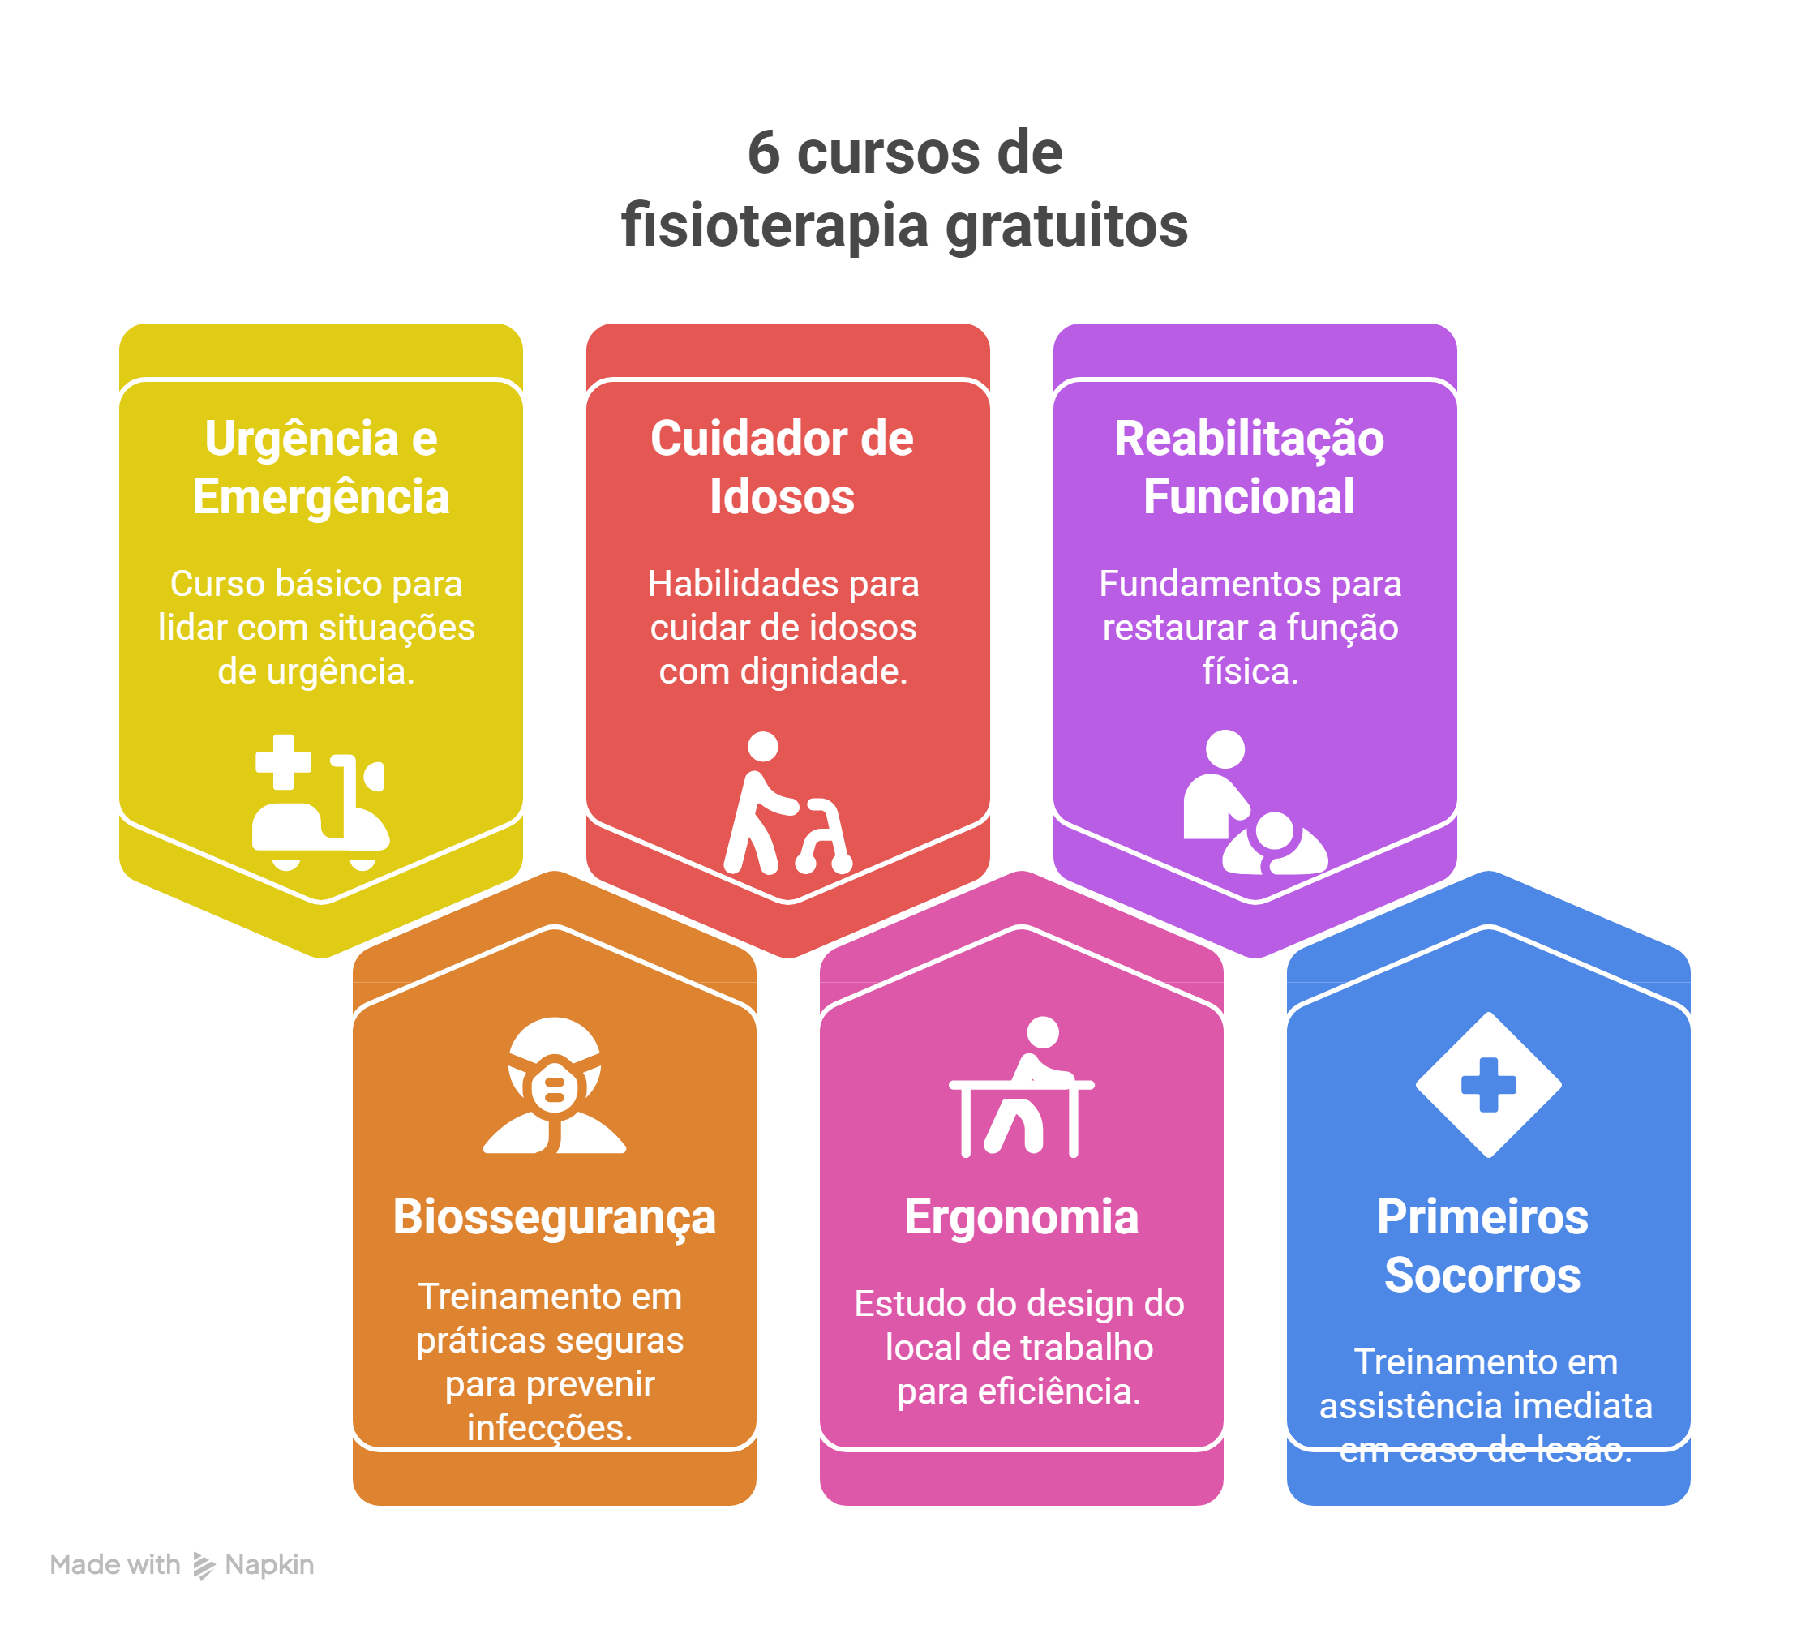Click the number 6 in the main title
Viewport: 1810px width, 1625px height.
point(763,152)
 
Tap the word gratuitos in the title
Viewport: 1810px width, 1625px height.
point(1066,227)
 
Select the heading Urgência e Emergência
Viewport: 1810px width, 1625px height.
point(320,467)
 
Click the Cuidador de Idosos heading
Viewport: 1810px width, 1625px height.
point(783,467)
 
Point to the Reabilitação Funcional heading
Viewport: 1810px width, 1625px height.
point(1249,467)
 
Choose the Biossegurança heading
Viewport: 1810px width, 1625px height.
point(555,1218)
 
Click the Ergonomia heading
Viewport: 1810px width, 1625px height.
point(1022,1218)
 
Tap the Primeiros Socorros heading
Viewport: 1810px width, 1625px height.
point(1482,1246)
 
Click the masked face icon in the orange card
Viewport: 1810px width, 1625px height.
point(555,1085)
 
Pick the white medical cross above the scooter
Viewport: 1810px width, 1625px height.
point(283,761)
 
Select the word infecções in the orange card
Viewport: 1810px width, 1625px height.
point(550,1428)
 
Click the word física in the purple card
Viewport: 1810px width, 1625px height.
point(1250,671)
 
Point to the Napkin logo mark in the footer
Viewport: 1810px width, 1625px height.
point(204,1565)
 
